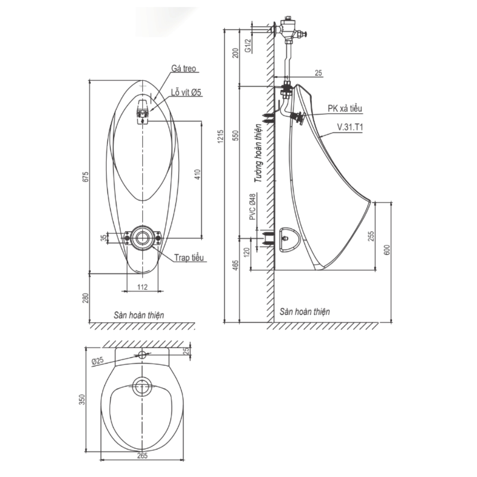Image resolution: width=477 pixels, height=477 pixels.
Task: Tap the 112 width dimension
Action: click(142, 287)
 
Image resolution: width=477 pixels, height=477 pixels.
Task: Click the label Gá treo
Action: click(184, 69)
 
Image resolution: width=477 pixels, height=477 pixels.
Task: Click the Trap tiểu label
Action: click(189, 258)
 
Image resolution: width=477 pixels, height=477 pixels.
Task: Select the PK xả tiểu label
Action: click(345, 109)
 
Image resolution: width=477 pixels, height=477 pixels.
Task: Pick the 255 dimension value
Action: click(373, 236)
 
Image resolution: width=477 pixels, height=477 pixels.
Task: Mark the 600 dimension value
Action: click(388, 249)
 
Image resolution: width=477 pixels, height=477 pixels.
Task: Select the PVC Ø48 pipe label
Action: click(252, 207)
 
